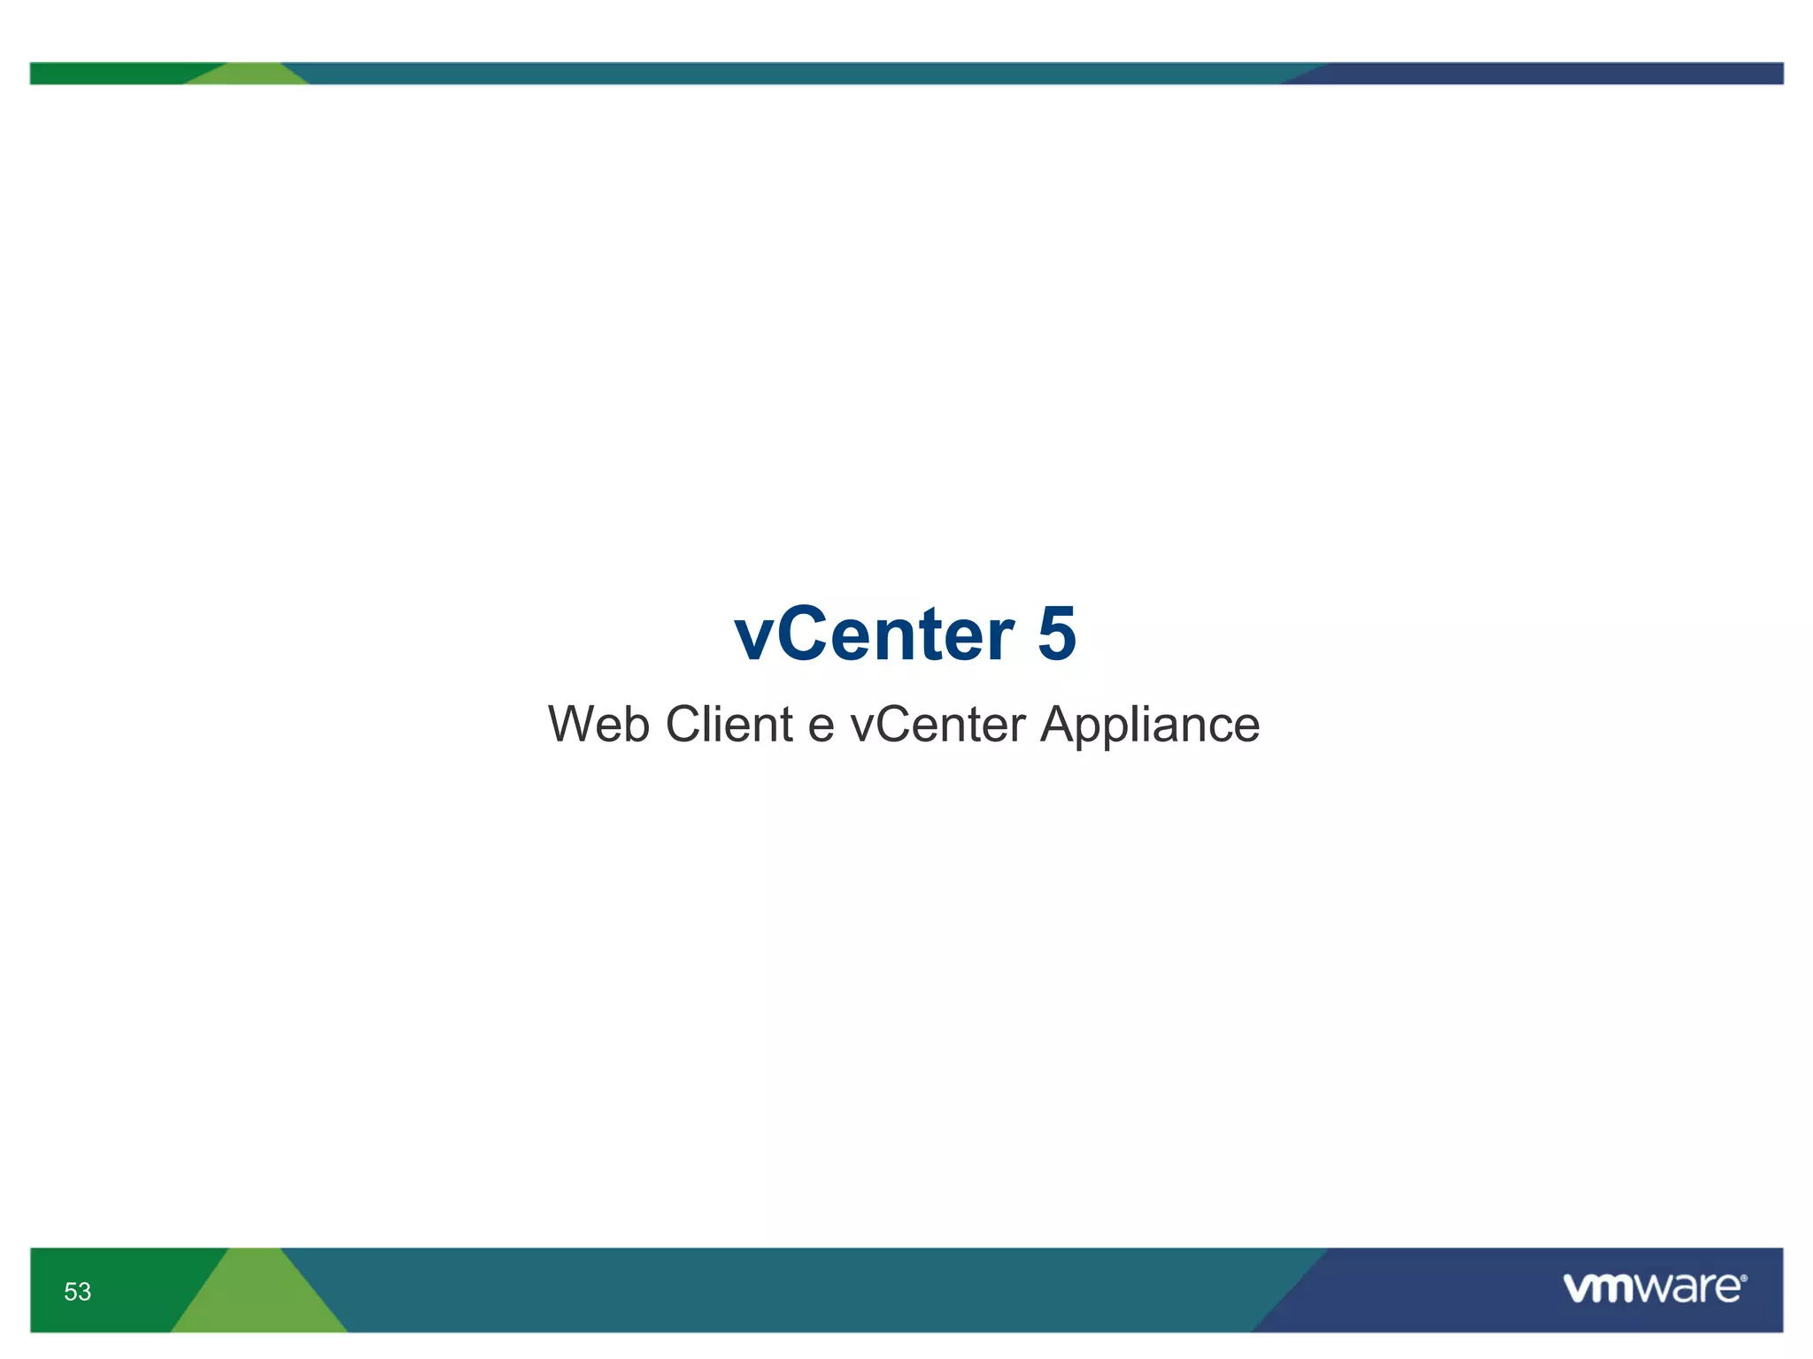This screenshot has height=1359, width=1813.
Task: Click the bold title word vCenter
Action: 873,634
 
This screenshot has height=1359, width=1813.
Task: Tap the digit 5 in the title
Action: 1056,634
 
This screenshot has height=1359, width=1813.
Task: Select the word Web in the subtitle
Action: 598,725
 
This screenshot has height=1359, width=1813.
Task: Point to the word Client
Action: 729,725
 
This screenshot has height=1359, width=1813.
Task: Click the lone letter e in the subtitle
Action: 821,728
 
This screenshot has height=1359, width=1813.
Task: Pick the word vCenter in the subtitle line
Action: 937,725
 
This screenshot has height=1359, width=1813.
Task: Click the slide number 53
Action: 77,1292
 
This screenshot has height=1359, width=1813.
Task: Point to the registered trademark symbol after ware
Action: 1743,1278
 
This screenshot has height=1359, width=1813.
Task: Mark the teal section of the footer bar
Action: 797,1290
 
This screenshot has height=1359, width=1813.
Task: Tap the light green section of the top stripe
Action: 248,74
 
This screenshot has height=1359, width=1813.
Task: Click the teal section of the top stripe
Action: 797,73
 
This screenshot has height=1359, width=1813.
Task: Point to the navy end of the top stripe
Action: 1549,73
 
